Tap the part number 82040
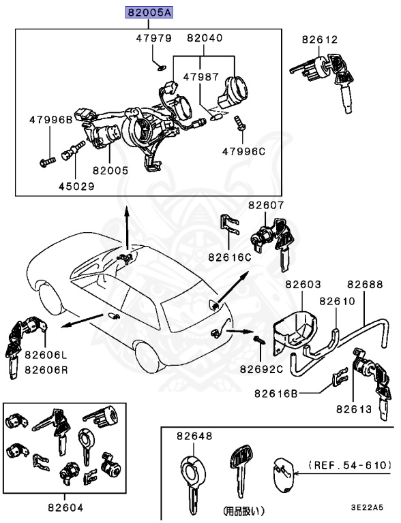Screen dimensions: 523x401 [x=205, y=39]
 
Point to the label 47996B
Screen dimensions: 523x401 [x=50, y=120]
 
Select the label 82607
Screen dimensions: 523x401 [x=266, y=205]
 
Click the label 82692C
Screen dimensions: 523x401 [x=261, y=368]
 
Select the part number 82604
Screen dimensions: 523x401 [x=65, y=507]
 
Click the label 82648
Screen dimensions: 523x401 [x=194, y=436]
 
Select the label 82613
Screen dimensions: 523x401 [x=353, y=409]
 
